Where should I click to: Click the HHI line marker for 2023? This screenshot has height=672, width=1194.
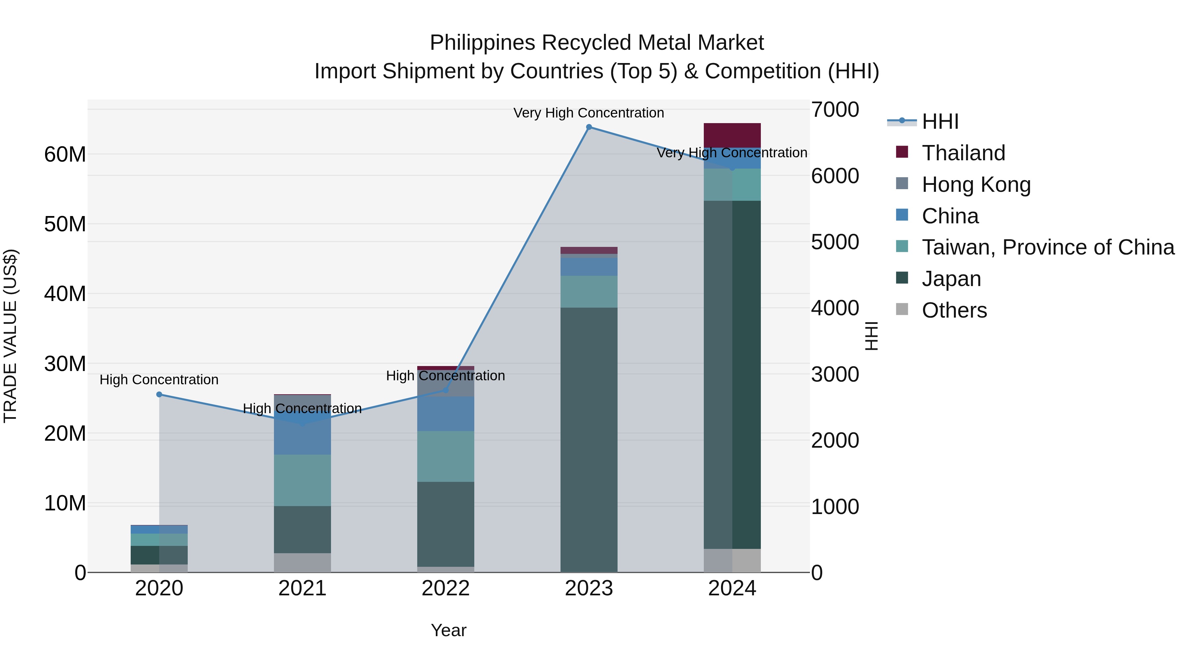(x=589, y=127)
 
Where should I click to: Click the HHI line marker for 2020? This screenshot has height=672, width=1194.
(x=159, y=395)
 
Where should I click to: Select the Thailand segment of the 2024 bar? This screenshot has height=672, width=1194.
(x=732, y=135)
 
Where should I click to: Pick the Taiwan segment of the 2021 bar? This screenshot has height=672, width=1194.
(x=302, y=480)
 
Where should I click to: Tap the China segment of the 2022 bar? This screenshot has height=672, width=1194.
(x=445, y=414)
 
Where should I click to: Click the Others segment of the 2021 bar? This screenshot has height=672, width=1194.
(x=302, y=562)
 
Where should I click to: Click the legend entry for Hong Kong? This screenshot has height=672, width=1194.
(x=976, y=185)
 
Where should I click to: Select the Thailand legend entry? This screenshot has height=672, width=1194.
(x=963, y=153)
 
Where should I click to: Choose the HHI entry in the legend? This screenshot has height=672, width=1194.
(x=940, y=121)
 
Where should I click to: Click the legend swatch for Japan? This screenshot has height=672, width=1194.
(x=902, y=278)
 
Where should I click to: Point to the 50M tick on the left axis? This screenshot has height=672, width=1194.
(x=65, y=224)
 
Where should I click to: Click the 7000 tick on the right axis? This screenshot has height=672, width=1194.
(x=835, y=110)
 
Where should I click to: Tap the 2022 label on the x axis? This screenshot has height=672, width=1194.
(x=445, y=588)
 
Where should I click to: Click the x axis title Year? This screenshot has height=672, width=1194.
(x=448, y=630)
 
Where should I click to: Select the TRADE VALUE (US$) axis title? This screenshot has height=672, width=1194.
(x=10, y=336)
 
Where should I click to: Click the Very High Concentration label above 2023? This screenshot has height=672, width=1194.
(x=589, y=113)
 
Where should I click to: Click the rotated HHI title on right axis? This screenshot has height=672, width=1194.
(x=871, y=336)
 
